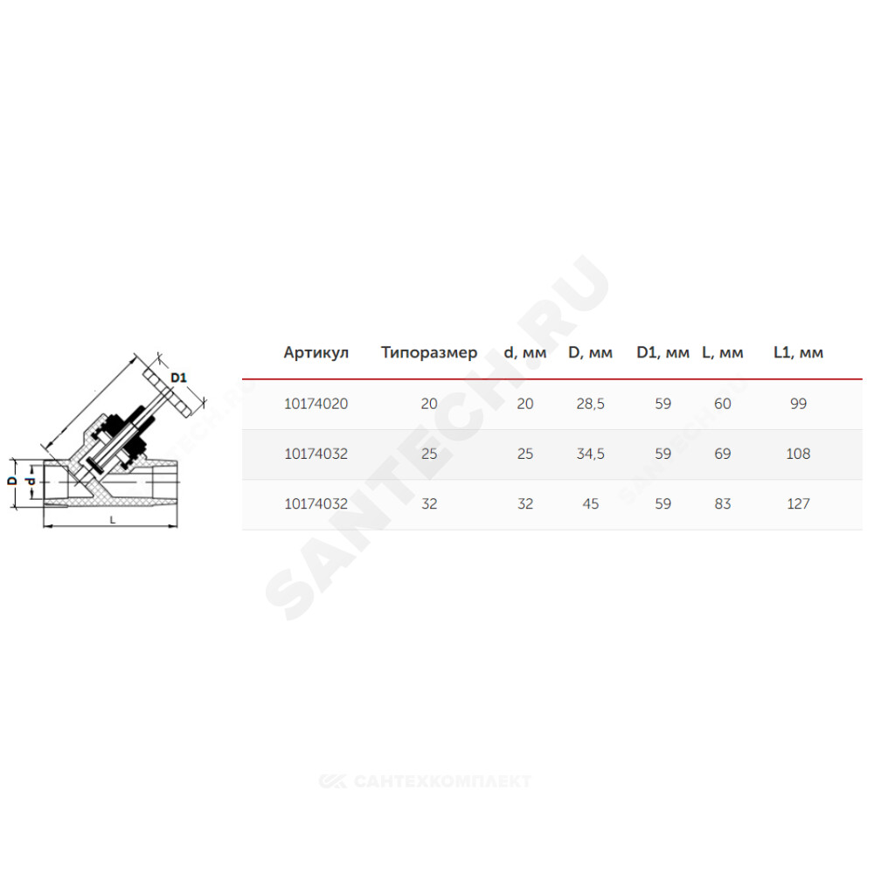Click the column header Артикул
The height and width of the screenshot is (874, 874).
(x=316, y=353)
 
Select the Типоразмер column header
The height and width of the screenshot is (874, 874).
(x=429, y=353)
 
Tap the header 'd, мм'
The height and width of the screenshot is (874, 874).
(x=525, y=353)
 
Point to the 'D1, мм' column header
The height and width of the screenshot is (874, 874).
(x=662, y=353)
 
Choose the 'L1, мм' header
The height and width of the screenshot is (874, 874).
(x=798, y=353)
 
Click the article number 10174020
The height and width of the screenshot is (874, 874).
(x=316, y=404)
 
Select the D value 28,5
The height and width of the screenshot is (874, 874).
(x=590, y=404)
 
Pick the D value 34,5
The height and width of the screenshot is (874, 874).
(x=590, y=454)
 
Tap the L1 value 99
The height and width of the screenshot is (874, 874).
(x=798, y=404)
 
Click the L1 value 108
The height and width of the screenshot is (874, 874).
(x=798, y=454)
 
